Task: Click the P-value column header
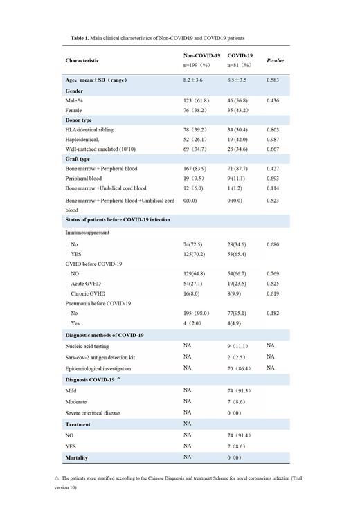[276, 61]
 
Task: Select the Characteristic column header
[82, 61]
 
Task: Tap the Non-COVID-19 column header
[202, 55]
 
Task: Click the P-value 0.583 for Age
[276, 81]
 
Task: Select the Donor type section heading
[78, 120]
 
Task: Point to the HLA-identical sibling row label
[89, 130]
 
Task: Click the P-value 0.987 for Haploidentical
[276, 140]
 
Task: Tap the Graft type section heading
[78, 159]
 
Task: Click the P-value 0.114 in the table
[276, 188]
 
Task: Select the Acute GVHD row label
[87, 284]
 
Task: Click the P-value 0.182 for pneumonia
[276, 313]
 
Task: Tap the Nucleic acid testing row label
[87, 346]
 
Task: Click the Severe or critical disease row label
[93, 413]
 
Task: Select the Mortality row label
[78, 457]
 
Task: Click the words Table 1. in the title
[81, 37]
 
